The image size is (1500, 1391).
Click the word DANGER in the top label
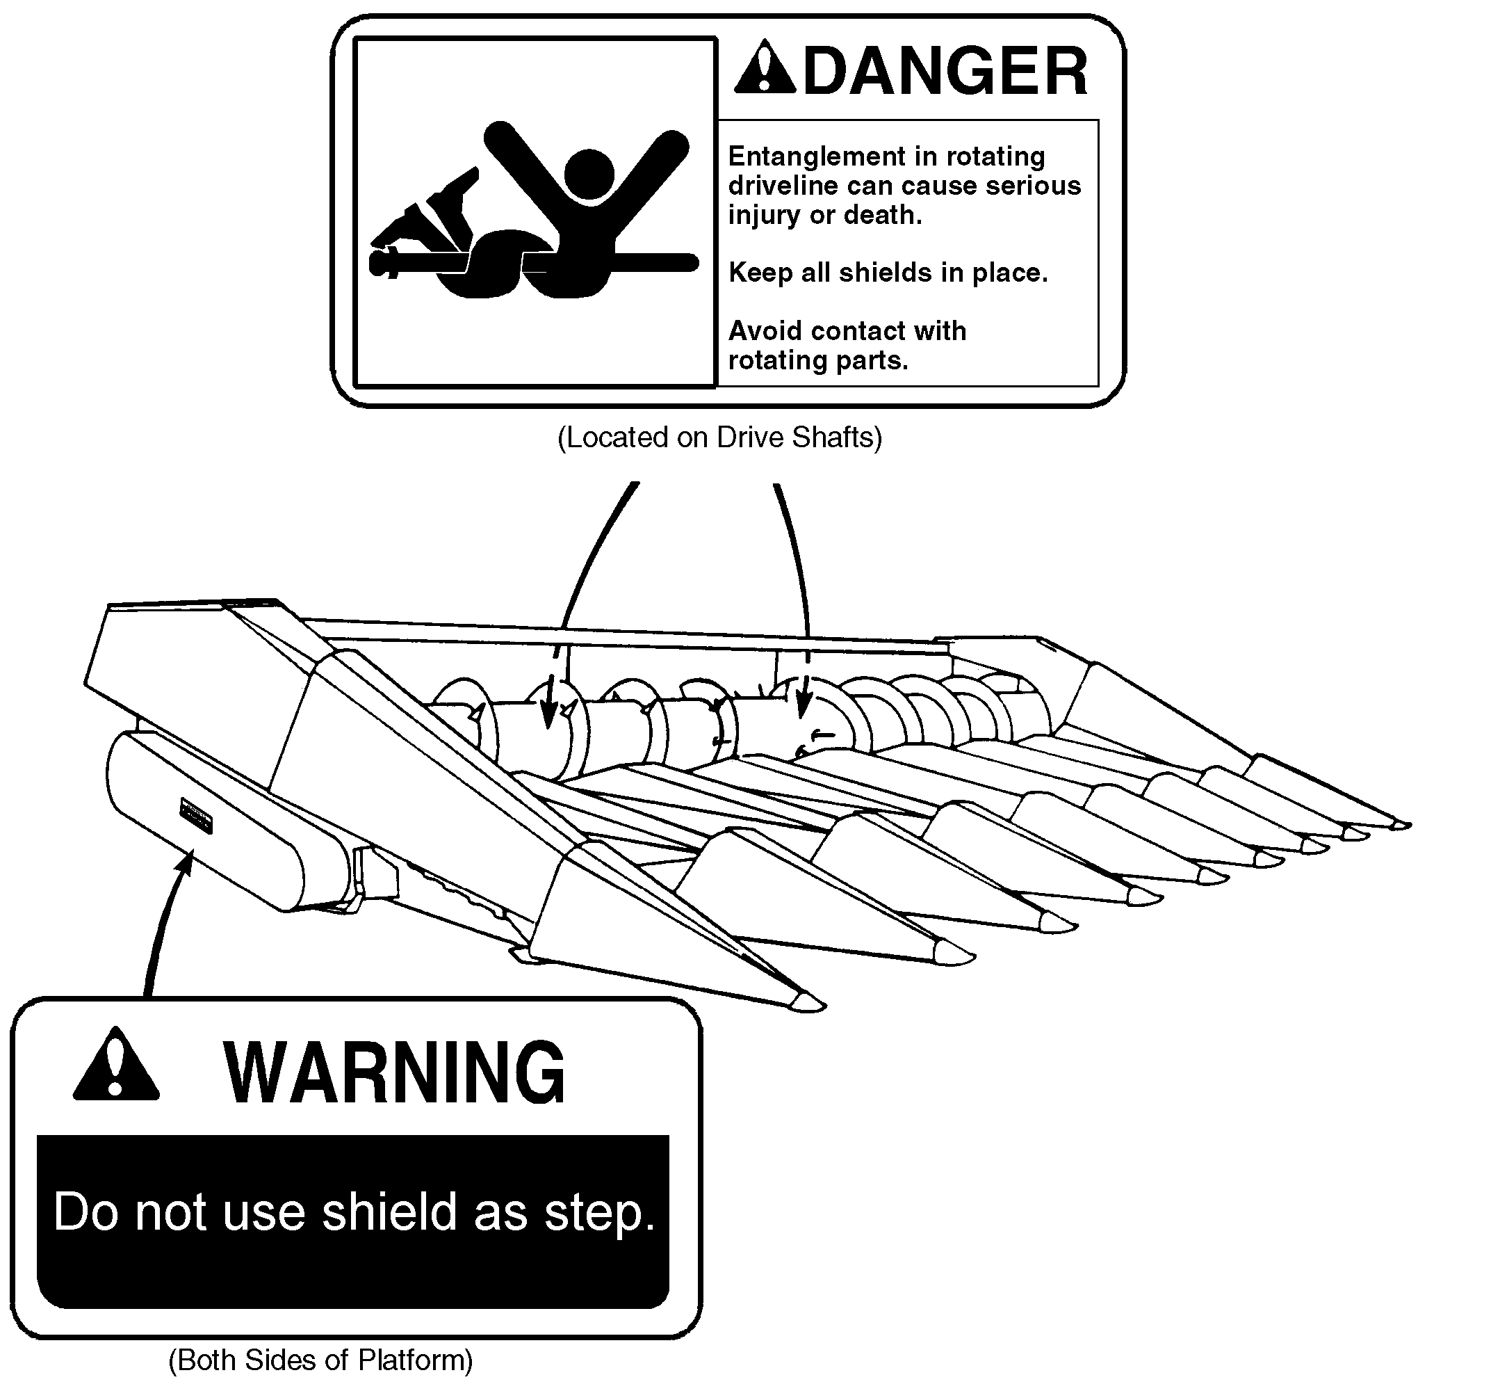point(945,71)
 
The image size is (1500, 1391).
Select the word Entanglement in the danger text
point(818,156)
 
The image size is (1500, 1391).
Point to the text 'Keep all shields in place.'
point(888,272)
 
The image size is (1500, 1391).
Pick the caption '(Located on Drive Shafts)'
point(720,437)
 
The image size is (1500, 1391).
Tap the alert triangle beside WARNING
point(116,1064)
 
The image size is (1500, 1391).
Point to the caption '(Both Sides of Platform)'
point(320,1360)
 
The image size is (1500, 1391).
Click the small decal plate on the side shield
point(195,816)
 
